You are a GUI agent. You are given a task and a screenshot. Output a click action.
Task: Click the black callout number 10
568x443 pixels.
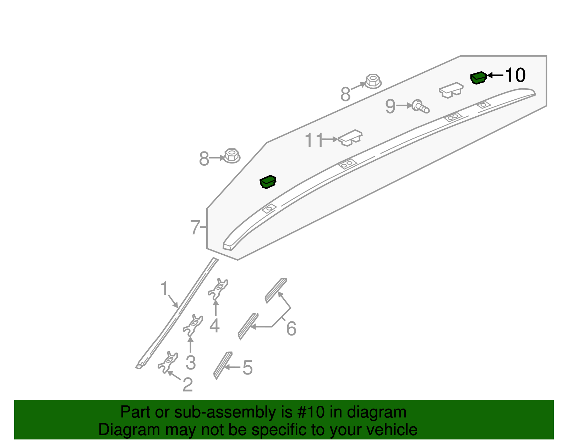point(515,75)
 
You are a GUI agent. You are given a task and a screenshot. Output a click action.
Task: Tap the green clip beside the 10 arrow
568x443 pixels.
point(478,78)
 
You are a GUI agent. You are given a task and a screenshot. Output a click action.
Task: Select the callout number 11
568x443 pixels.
point(314,140)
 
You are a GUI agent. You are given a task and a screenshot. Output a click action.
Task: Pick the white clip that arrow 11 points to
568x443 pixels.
point(350,137)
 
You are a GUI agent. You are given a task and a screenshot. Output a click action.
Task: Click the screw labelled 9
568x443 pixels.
point(421,106)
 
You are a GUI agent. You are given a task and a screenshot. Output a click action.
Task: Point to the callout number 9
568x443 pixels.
point(390,106)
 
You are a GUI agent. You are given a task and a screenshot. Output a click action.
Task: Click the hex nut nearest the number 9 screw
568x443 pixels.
point(373,81)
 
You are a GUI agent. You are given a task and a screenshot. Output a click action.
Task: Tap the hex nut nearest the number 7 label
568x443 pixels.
point(232,156)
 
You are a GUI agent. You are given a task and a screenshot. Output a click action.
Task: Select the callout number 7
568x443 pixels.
point(195,227)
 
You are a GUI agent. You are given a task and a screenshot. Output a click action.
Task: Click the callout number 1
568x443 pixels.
point(164,288)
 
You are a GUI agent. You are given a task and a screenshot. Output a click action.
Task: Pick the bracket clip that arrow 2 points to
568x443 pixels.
point(167,362)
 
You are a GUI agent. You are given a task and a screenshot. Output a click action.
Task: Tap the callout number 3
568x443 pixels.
point(191,362)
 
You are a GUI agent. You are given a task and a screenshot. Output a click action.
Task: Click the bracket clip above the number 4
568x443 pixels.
point(218,288)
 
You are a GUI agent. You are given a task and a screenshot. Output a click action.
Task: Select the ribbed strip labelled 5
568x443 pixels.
point(223,365)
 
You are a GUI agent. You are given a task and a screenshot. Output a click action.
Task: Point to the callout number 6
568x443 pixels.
point(291,328)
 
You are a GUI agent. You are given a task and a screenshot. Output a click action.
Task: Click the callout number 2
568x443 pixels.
point(187,384)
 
